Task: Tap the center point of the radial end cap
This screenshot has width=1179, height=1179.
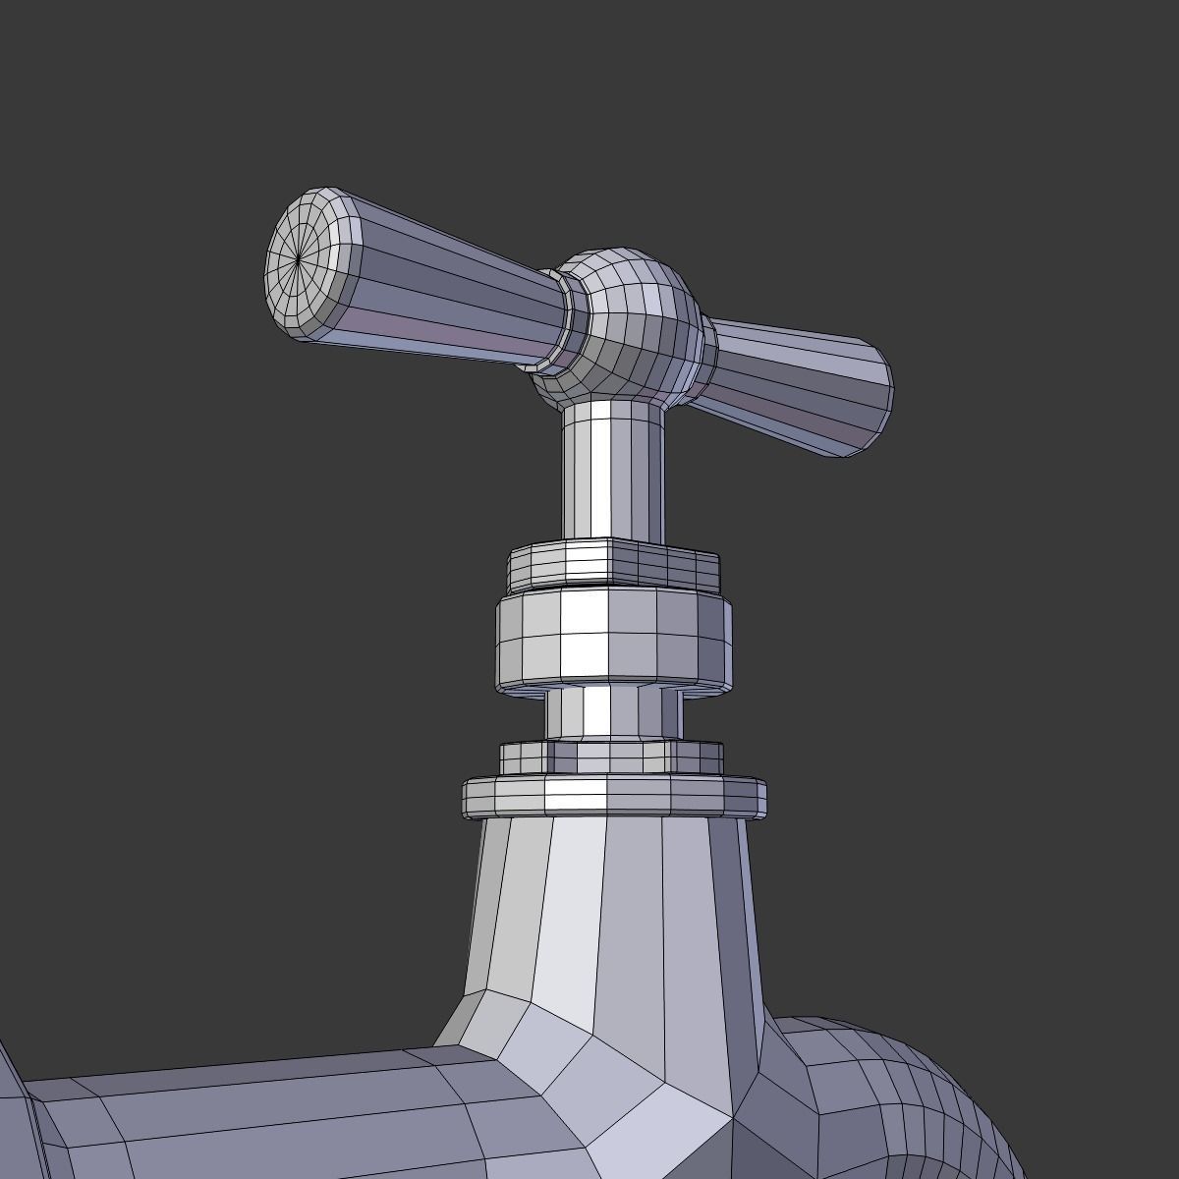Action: pyautogui.click(x=297, y=259)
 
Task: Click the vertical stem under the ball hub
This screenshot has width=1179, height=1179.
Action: pyautogui.click(x=611, y=472)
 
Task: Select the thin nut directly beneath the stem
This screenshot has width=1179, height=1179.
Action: pyautogui.click(x=613, y=565)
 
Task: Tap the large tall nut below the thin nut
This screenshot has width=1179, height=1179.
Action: pyautogui.click(x=613, y=639)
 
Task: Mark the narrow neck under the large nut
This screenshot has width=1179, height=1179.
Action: pyautogui.click(x=613, y=712)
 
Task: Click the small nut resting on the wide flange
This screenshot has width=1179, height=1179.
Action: pyautogui.click(x=611, y=758)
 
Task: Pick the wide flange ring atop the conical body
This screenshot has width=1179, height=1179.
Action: pyautogui.click(x=613, y=796)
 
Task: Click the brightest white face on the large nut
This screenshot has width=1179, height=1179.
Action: pyautogui.click(x=584, y=639)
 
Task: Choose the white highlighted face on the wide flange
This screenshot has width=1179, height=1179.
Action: pyautogui.click(x=575, y=796)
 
